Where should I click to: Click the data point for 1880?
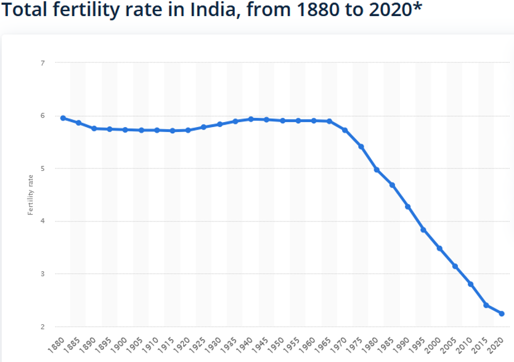tap(63, 118)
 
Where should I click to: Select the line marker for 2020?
tap(502, 314)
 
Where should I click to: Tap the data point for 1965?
tap(329, 121)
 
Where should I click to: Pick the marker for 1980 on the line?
tap(377, 170)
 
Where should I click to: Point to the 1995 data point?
tap(423, 230)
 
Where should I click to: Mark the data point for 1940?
tap(251, 119)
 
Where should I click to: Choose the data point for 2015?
tap(486, 305)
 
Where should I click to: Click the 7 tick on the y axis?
tap(42, 63)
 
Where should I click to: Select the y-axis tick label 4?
tap(42, 221)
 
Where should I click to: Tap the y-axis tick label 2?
tap(42, 327)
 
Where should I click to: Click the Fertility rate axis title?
tap(30, 195)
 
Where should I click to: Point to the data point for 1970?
tap(345, 130)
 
